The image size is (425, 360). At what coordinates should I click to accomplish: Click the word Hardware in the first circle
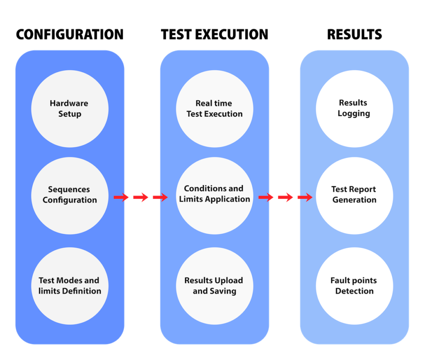click(x=69, y=103)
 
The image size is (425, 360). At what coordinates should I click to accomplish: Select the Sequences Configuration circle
click(x=70, y=196)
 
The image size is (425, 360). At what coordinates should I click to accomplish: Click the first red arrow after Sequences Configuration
click(x=122, y=198)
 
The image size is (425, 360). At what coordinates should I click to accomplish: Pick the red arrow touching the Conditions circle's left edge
click(x=159, y=198)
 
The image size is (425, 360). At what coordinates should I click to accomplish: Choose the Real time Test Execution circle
click(x=215, y=109)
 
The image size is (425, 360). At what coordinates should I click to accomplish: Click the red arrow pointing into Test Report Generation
click(x=304, y=198)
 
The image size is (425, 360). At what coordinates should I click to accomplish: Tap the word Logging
click(x=354, y=114)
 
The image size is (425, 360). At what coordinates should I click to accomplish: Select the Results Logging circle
click(x=354, y=109)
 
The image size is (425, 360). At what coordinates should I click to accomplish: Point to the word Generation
click(x=354, y=200)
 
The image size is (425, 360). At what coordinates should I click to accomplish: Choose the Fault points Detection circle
click(x=354, y=286)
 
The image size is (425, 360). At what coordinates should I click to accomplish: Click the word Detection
click(x=354, y=291)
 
